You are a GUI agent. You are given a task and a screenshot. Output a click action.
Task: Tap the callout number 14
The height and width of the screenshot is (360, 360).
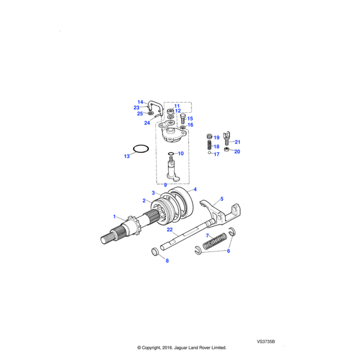click(x=140, y=102)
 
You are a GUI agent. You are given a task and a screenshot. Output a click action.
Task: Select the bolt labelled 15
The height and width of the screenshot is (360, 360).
click(x=183, y=119)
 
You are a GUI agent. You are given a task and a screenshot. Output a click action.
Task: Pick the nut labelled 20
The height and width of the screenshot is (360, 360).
click(x=229, y=149)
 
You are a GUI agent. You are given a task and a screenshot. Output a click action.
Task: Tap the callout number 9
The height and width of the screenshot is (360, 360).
click(x=166, y=184)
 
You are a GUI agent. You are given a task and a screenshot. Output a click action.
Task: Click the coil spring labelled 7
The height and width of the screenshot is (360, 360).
click(x=214, y=241)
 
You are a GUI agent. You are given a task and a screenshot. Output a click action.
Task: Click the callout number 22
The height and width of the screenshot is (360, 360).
click(x=170, y=229)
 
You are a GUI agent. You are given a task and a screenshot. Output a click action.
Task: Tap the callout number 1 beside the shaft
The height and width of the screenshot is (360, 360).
click(x=115, y=216)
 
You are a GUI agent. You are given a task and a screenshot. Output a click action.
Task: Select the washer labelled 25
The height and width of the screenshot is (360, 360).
click(x=149, y=112)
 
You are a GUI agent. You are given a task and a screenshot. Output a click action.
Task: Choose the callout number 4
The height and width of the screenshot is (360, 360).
click(x=194, y=190)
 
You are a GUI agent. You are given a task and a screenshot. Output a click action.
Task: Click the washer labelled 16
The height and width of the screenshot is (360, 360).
click(x=183, y=127)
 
